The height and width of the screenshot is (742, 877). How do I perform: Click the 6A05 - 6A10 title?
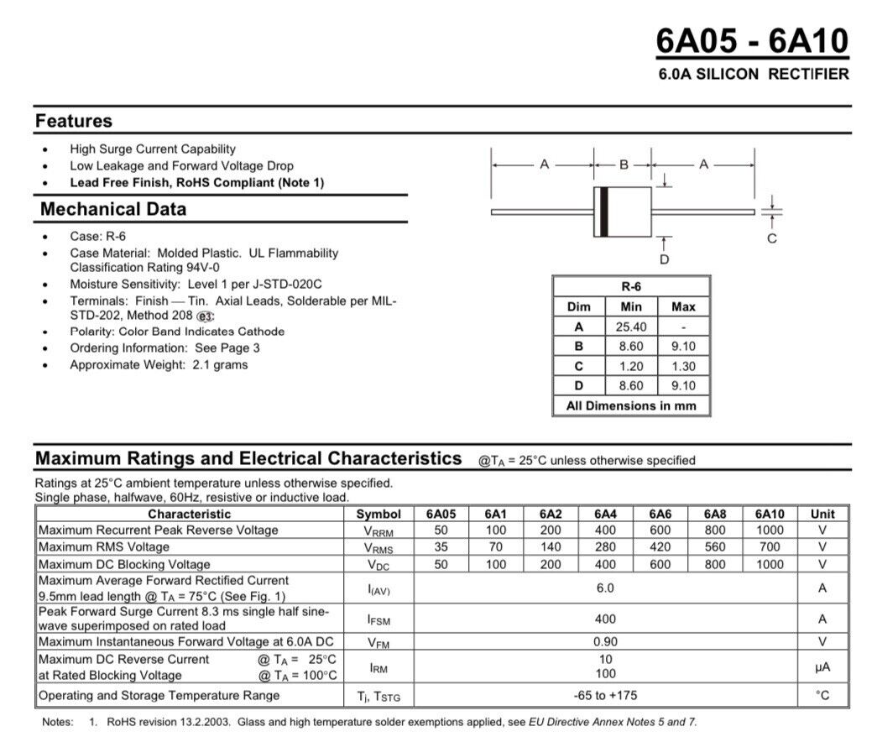[x=752, y=40]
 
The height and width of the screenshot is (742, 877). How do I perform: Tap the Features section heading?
[x=74, y=121]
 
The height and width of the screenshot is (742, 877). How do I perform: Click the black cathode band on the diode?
[x=602, y=212]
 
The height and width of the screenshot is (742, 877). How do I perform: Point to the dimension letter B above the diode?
[x=624, y=165]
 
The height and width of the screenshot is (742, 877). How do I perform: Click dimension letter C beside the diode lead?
[x=772, y=238]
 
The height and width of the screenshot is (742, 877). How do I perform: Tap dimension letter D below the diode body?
[x=665, y=260]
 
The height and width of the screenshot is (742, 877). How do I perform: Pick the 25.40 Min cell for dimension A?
[x=631, y=327]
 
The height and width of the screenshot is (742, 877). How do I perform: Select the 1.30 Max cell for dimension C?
[x=683, y=366]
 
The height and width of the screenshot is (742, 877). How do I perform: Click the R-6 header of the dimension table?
[x=631, y=286]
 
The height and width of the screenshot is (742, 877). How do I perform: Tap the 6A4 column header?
[x=605, y=514]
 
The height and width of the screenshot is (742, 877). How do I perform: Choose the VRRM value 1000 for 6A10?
[x=770, y=530]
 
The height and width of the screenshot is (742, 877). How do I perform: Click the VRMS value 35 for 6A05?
[x=441, y=547]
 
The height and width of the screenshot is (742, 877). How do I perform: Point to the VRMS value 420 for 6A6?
[x=660, y=547]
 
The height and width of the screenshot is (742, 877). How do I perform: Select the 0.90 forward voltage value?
[x=605, y=642]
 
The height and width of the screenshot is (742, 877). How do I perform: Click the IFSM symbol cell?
[x=379, y=620]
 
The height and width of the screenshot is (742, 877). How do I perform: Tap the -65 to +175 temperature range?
[x=605, y=696]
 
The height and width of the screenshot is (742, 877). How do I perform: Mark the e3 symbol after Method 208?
[x=206, y=316]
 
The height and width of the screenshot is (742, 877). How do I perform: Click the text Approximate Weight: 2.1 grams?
[x=159, y=365]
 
